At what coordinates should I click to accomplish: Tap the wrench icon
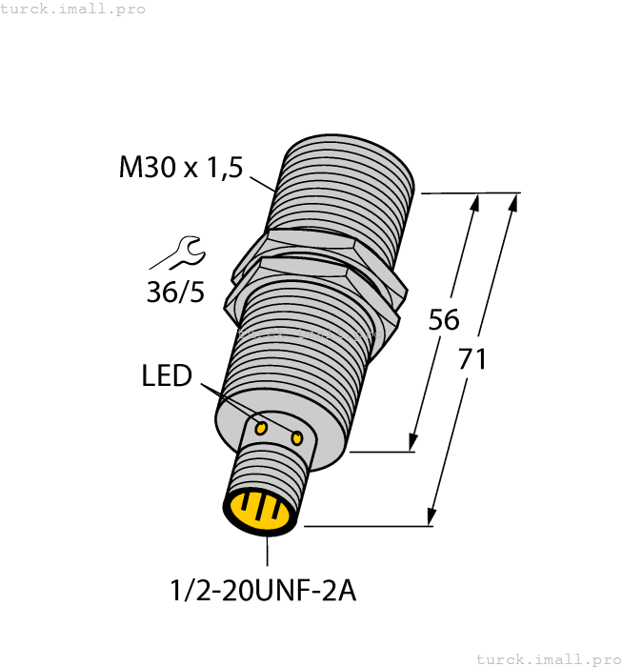coord(178,254)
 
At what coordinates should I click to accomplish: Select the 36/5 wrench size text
coord(175,292)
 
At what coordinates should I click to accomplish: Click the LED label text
coord(167,376)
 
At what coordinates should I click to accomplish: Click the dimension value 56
coord(444,319)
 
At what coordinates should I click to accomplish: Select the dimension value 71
coord(472,359)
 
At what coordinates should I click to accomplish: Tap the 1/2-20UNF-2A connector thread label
coord(263,591)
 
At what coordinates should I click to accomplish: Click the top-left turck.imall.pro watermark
coord(73,9)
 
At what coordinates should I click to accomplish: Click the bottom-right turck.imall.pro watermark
coord(548,658)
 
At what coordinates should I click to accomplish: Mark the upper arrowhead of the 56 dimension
coord(475,202)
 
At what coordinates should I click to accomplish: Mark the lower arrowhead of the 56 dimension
coord(412,442)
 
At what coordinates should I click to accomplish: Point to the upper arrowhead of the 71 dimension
coord(514,202)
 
